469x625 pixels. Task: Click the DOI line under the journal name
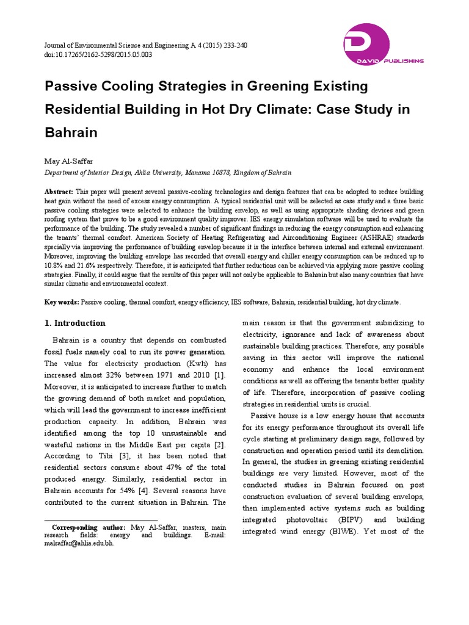[x=98, y=55]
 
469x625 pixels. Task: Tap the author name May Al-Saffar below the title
[x=67, y=161]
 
